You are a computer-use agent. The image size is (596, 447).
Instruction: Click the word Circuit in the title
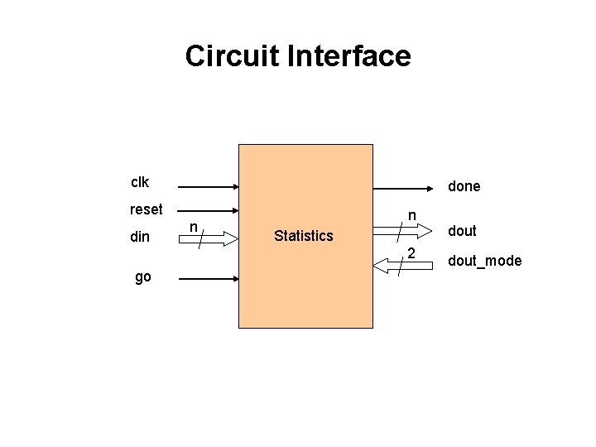point(232,56)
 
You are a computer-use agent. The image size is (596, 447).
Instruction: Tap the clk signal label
point(140,180)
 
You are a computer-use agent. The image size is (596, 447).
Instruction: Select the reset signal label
point(147,209)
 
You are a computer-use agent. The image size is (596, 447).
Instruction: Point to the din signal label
point(140,238)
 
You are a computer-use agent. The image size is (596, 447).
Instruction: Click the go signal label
point(143,277)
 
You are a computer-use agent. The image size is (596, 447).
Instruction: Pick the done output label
point(464,186)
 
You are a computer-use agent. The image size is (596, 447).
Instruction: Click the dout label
point(463,231)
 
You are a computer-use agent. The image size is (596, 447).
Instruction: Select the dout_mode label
point(484,261)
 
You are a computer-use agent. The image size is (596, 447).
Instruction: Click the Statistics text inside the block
point(303,237)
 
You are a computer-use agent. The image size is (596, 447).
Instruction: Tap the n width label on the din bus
point(192,227)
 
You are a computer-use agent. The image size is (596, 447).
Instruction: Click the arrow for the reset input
point(207,211)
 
